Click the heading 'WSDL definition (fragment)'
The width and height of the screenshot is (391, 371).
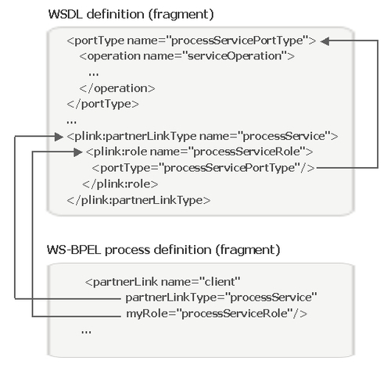click(131, 14)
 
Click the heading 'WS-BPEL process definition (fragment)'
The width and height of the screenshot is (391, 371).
click(163, 250)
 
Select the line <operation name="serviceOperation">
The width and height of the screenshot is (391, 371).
click(187, 56)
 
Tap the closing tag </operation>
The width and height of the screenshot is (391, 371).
click(117, 88)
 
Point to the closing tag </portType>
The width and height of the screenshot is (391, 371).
click(103, 104)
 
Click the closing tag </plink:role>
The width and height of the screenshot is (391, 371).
click(120, 184)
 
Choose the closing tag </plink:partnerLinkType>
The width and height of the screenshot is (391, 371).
click(138, 200)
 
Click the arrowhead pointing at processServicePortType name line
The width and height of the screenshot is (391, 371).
click(325, 41)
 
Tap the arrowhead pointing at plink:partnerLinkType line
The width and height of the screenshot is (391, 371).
click(59, 137)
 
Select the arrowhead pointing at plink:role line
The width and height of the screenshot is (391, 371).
click(78, 152)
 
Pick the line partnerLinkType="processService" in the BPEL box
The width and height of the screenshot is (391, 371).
click(221, 298)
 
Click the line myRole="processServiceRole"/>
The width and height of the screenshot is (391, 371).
click(217, 314)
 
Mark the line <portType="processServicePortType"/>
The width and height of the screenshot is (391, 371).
click(203, 168)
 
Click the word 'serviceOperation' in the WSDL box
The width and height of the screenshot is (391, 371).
click(235, 56)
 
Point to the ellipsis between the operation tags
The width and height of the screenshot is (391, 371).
click(94, 74)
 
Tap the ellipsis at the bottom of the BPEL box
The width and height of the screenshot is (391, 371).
click(86, 332)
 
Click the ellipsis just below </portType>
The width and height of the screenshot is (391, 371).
click(72, 122)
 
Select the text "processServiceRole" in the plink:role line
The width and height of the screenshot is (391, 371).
click(246, 152)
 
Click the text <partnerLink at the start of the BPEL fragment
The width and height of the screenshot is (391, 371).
click(121, 282)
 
